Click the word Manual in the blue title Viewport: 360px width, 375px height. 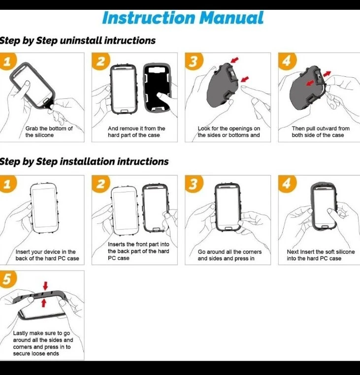click(x=231, y=18)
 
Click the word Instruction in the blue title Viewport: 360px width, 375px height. click(x=149, y=18)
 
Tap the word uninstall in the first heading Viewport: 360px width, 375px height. click(x=81, y=40)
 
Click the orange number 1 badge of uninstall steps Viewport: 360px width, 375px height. click(x=7, y=61)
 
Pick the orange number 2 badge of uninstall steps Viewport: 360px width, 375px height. click(x=101, y=61)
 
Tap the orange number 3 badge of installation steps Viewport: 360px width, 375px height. click(x=194, y=184)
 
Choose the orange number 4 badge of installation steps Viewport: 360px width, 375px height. click(x=287, y=184)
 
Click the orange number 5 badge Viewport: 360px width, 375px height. click(x=7, y=279)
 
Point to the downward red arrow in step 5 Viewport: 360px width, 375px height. click(x=45, y=285)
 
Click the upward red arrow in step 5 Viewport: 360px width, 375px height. click(x=43, y=303)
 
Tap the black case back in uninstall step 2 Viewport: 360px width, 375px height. click(x=157, y=88)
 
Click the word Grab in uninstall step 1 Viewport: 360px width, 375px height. click(x=32, y=128)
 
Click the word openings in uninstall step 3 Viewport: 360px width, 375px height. click(x=236, y=129)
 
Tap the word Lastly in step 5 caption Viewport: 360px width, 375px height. click(x=21, y=333)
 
